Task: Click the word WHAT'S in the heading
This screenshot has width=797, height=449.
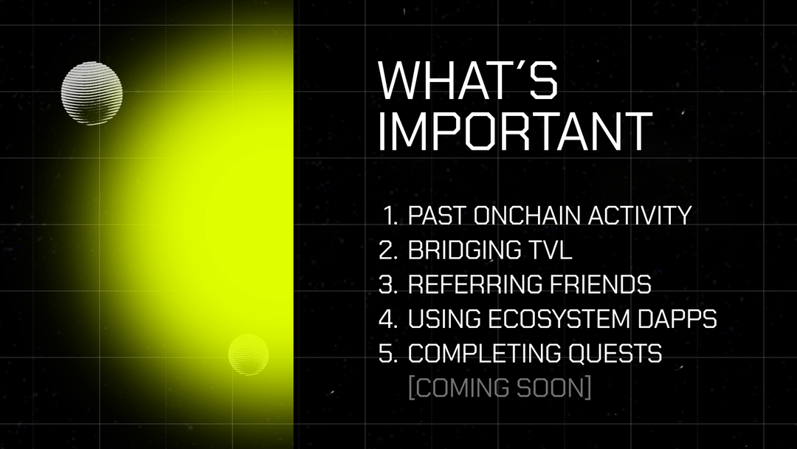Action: (468, 80)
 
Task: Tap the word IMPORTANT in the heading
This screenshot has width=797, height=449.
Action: (515, 131)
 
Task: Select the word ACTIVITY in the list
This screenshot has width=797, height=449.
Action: (640, 215)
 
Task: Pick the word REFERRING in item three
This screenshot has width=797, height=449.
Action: (475, 284)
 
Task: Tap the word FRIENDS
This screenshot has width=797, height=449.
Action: (600, 284)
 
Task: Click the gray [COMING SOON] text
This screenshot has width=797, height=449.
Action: (500, 388)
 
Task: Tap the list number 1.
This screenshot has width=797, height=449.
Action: (390, 215)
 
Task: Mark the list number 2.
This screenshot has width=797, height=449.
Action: (388, 250)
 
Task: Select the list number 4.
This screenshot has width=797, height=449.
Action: (388, 319)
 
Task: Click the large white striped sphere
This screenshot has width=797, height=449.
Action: (92, 94)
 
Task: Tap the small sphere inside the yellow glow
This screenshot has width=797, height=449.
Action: (249, 354)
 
